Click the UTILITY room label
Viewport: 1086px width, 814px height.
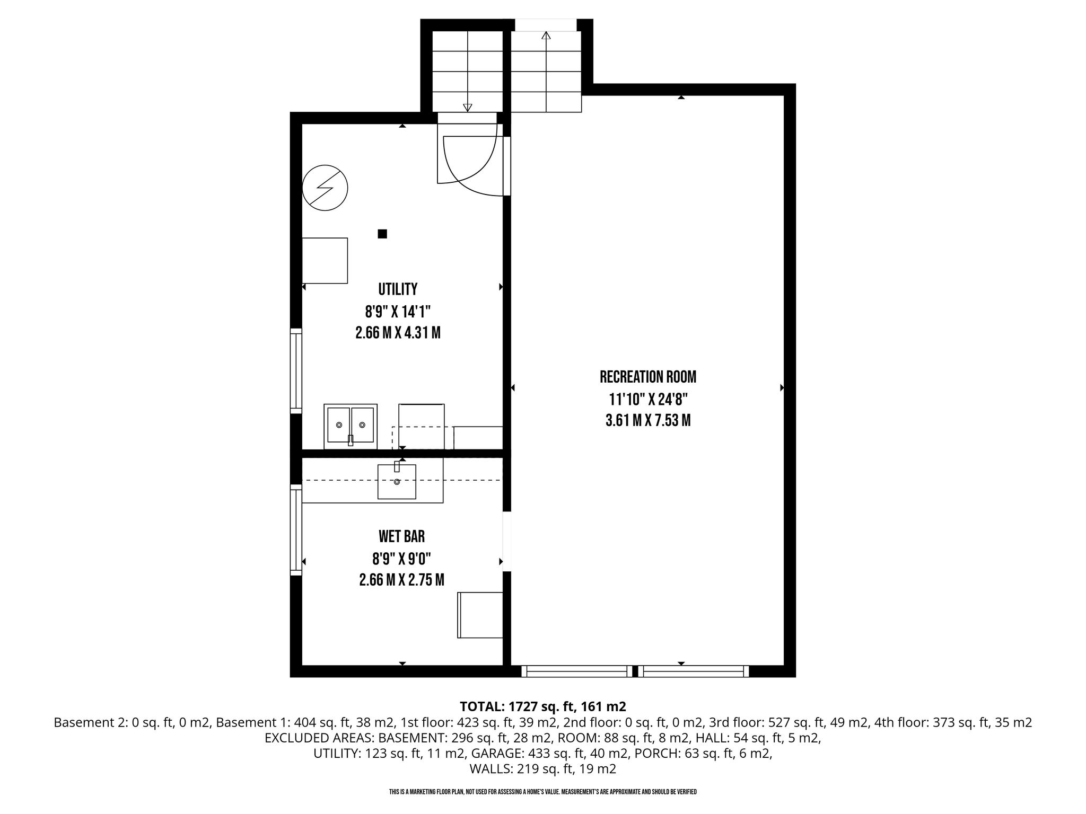398,289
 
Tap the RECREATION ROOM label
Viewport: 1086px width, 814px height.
648,377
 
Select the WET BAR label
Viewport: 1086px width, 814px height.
401,537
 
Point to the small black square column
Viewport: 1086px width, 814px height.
382,234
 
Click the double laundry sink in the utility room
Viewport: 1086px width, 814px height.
351,426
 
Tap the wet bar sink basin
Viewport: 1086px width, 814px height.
397,481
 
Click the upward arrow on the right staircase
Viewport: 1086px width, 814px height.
546,71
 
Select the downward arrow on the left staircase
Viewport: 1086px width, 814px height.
467,71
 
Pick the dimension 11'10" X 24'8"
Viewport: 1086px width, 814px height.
648,399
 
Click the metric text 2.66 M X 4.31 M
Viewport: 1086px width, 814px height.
398,333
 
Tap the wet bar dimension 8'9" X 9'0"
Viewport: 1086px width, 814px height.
401,559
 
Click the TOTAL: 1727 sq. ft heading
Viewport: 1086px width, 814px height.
544,706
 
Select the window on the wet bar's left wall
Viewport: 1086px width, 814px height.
296,530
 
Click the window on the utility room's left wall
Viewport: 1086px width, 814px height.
296,371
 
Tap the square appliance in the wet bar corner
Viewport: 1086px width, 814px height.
480,615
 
